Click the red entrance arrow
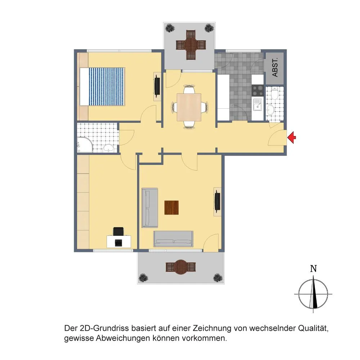[292, 138]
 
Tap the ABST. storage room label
[275, 67]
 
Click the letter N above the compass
[314, 269]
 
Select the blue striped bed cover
[107, 86]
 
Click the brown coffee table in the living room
[171, 208]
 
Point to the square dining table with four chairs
[189, 107]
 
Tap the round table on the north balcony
[191, 45]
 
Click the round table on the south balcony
[181, 267]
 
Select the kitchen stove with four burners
[258, 90]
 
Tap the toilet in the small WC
[274, 93]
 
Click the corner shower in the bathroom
[85, 144]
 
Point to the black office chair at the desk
[118, 231]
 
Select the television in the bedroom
[157, 86]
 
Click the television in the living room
[217, 201]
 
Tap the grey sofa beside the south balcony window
[173, 239]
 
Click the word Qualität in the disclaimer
[313, 328]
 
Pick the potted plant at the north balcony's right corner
[209, 28]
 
